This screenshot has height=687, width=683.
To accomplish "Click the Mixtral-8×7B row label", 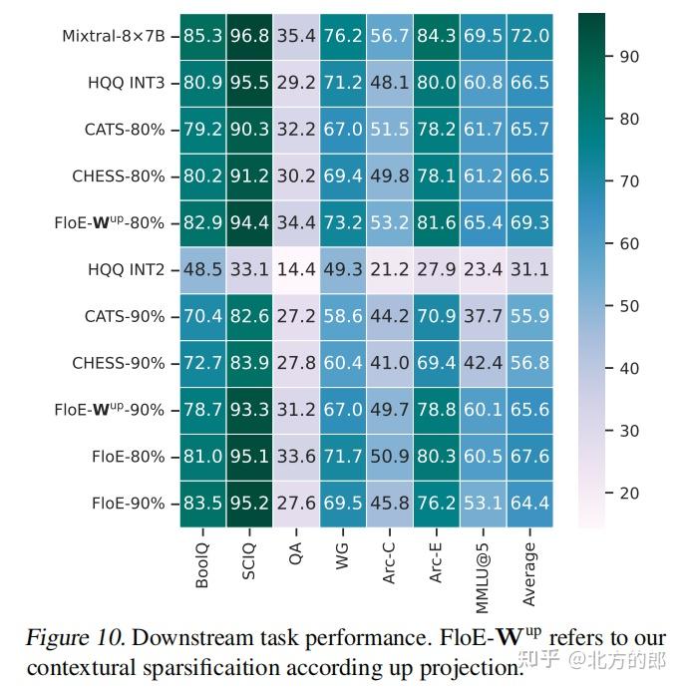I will coord(114,36).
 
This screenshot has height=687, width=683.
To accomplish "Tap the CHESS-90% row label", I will coord(119,363).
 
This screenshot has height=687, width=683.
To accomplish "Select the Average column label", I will coord(529,573).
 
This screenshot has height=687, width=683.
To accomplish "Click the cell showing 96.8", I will coord(249,37).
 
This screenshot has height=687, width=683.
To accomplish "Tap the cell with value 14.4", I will coord(296,269).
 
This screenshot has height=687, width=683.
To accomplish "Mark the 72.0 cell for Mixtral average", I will coord(529,37).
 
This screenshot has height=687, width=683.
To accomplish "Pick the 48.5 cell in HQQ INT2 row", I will coord(202,269).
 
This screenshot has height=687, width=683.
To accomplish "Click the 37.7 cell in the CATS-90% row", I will coord(483,316).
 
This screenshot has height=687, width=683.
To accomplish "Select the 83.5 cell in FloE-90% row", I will coord(202,503).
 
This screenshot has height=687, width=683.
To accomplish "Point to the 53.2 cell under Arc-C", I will coord(389,223).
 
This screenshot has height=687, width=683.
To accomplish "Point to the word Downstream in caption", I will coord(187,639).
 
